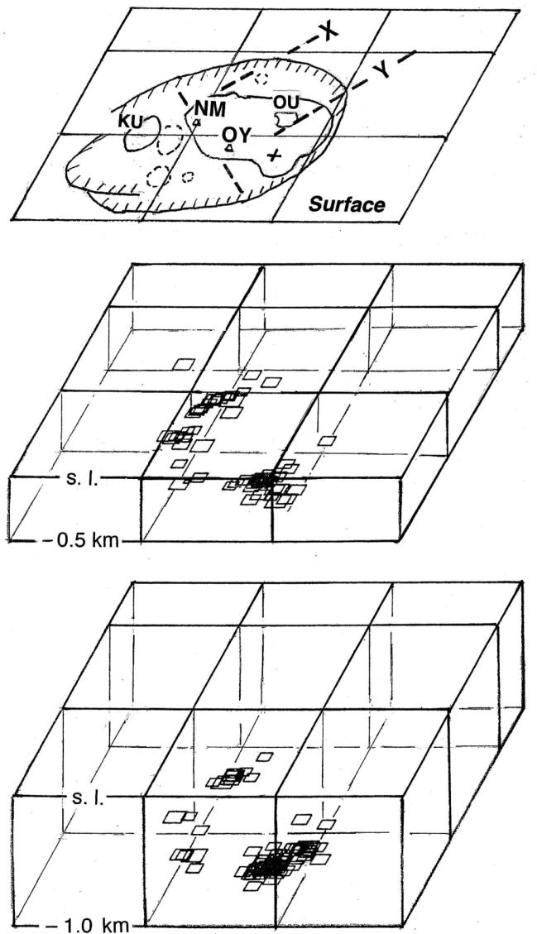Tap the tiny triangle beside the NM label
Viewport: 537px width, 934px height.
(196, 122)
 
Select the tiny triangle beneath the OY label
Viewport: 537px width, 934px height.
(229, 147)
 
